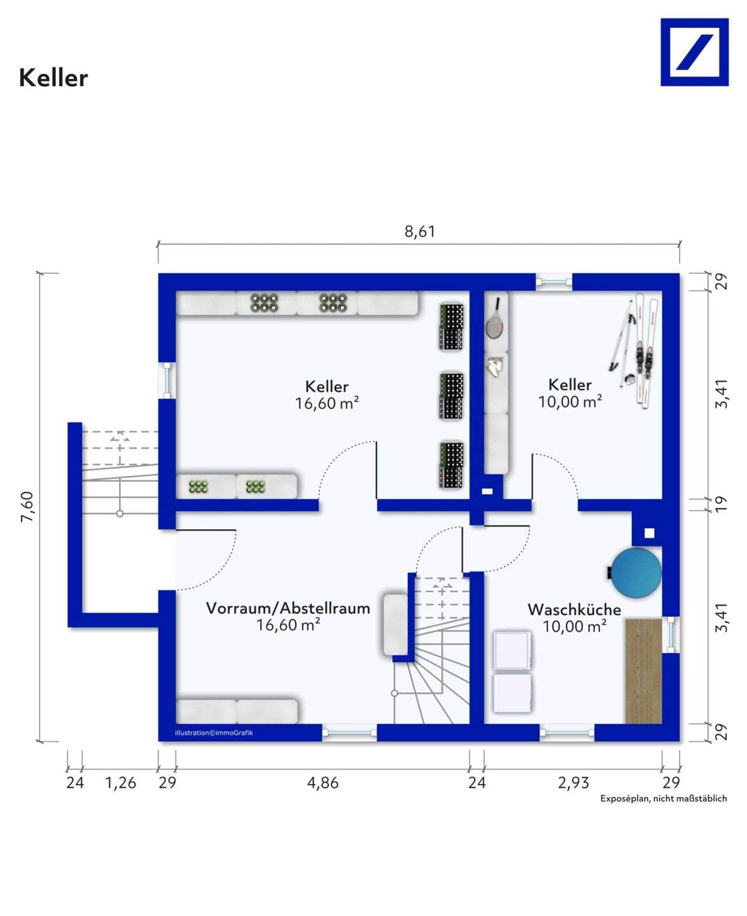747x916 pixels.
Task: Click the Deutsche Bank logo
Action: pyautogui.click(x=694, y=52)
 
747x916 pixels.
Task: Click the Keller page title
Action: pyautogui.click(x=53, y=78)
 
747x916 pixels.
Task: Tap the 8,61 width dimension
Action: pyautogui.click(x=419, y=232)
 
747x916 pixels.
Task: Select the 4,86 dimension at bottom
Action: pyautogui.click(x=323, y=782)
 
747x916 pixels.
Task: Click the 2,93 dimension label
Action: pyautogui.click(x=573, y=782)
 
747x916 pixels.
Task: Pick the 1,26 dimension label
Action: pyautogui.click(x=121, y=782)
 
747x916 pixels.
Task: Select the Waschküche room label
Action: pyautogui.click(x=574, y=609)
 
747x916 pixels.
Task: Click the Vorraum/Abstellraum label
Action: pyautogui.click(x=288, y=608)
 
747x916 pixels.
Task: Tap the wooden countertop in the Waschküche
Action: pyautogui.click(x=643, y=671)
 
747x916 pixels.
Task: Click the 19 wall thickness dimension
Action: pyautogui.click(x=721, y=504)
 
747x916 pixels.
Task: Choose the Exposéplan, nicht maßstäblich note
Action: pyautogui.click(x=664, y=798)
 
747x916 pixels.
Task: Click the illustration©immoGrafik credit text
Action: pyautogui.click(x=214, y=733)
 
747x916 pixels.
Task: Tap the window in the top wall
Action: pyautogui.click(x=554, y=282)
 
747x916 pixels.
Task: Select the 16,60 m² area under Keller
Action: pyautogui.click(x=327, y=403)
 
